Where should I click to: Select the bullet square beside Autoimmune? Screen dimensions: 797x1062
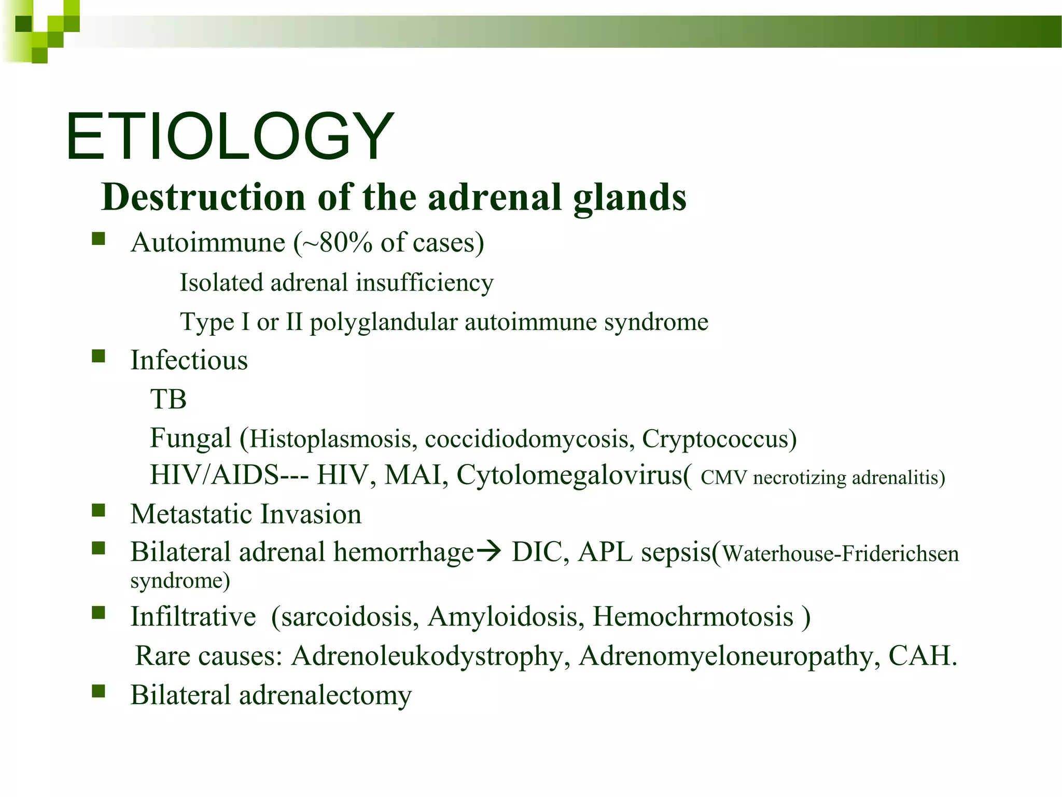[99, 239]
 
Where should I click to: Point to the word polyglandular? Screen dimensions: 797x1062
[384, 322]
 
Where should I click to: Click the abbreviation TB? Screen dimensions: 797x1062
[168, 400]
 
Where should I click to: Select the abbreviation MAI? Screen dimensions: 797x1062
[413, 475]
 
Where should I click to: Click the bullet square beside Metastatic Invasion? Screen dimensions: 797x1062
[99, 511]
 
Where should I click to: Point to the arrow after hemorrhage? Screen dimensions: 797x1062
[488, 551]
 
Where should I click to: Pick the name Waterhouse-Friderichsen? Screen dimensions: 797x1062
[840, 554]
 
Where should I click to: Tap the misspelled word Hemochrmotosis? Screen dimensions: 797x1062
[693, 617]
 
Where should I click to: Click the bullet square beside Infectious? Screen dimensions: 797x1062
[99, 356]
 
